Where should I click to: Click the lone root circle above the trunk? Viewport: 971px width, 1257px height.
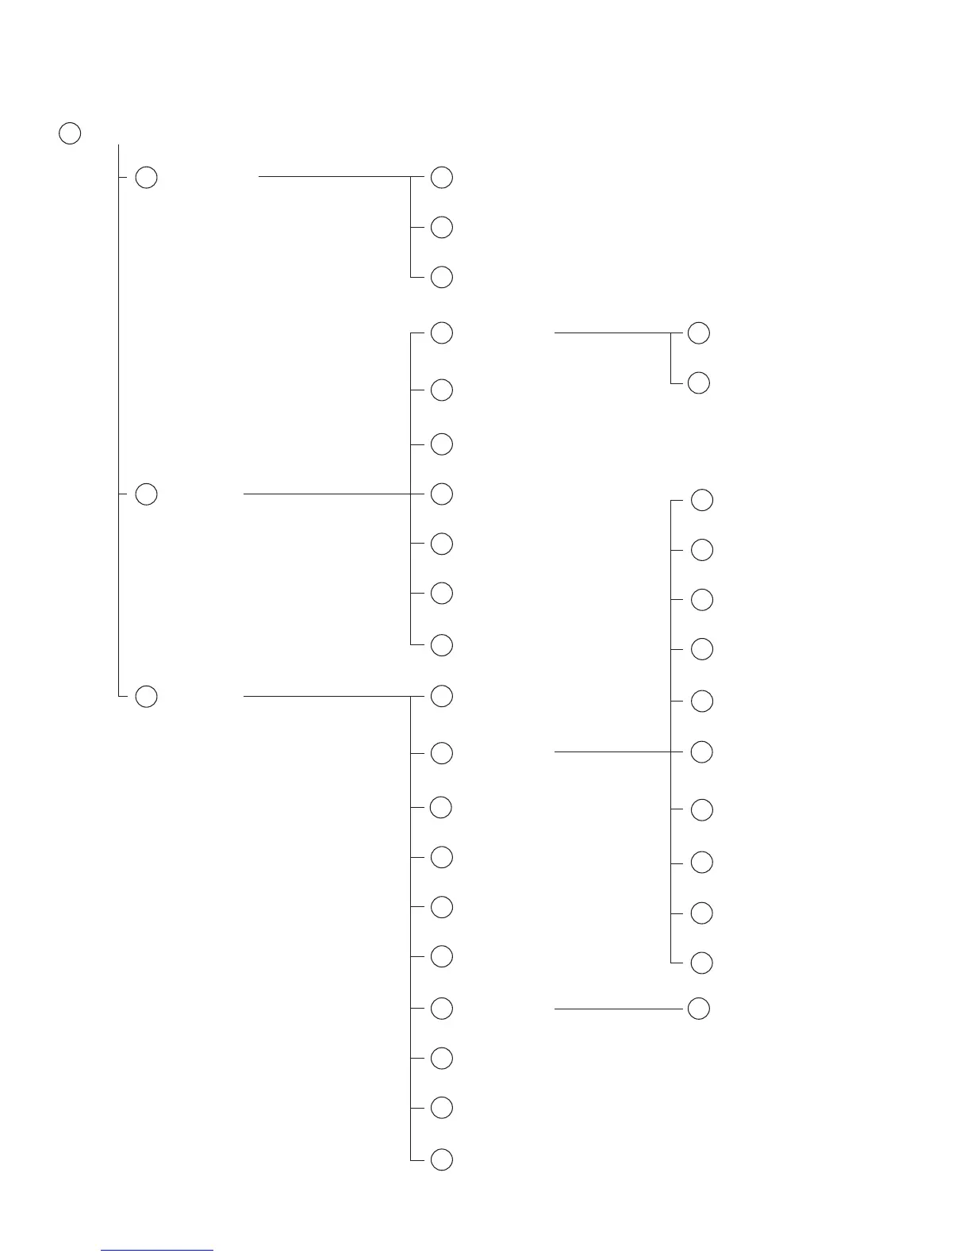pyautogui.click(x=70, y=133)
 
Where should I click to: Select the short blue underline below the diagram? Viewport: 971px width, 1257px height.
pyautogui.click(x=157, y=1250)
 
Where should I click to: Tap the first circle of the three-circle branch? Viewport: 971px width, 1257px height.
pyautogui.click(x=442, y=177)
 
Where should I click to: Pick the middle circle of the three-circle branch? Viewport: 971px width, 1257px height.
pyautogui.click(x=442, y=227)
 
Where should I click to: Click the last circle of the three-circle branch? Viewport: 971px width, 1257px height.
pyautogui.click(x=442, y=277)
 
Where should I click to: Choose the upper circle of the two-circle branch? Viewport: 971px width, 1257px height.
pyautogui.click(x=699, y=333)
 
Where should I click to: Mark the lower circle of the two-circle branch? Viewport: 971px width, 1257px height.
pyautogui.click(x=699, y=382)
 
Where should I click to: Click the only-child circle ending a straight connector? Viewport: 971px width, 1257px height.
pyautogui.click(x=699, y=1009)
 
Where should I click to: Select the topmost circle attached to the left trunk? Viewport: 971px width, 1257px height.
pyautogui.click(x=147, y=177)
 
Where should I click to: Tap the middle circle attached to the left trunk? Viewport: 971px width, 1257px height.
pyautogui.click(x=147, y=494)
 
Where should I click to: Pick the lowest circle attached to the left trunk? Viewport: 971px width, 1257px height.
pyautogui.click(x=147, y=696)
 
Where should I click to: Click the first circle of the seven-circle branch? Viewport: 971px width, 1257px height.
pyautogui.click(x=442, y=333)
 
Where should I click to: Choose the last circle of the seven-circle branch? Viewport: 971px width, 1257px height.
pyautogui.click(x=442, y=645)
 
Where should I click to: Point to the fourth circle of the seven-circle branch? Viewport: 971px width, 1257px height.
pyautogui.click(x=442, y=494)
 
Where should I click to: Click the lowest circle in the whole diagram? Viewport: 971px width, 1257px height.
pyautogui.click(x=442, y=1159)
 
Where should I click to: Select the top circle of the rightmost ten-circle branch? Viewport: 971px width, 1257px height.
pyautogui.click(x=702, y=500)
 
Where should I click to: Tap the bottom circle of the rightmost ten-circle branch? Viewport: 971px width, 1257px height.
pyautogui.click(x=702, y=963)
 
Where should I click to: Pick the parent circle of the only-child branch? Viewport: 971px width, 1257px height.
pyautogui.click(x=442, y=1009)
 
